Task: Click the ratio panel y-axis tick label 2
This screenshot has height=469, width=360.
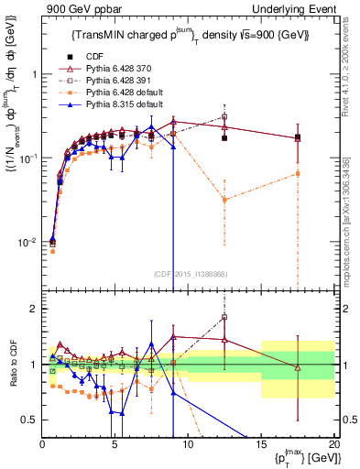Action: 32,309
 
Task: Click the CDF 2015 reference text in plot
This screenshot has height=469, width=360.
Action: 188,272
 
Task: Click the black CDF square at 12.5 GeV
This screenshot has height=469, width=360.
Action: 224,138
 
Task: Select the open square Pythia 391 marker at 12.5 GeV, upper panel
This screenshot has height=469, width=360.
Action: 224,116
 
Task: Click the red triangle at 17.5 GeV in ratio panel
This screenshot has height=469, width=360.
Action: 297,367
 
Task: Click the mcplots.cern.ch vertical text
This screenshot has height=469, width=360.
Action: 352,229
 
